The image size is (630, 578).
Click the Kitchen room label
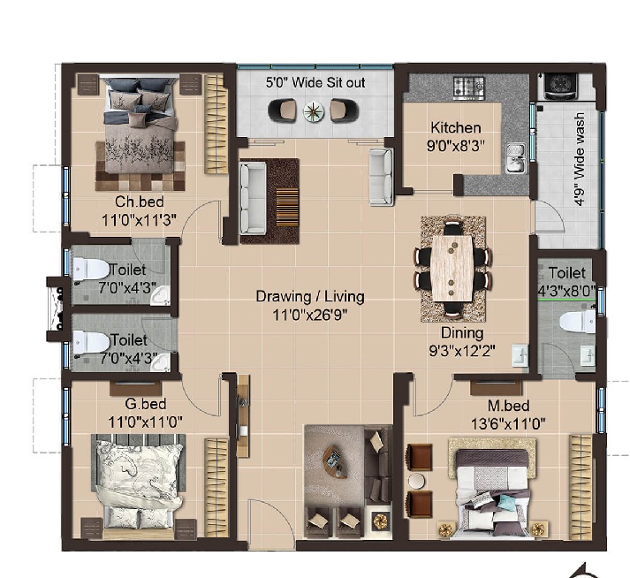pyautogui.click(x=456, y=128)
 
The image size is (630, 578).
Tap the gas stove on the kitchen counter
pyautogui.click(x=469, y=87)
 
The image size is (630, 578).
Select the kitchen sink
pyautogui.click(x=516, y=158)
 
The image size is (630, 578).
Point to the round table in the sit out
pyautogui.click(x=314, y=110)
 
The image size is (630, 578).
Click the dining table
pyautogui.click(x=452, y=268)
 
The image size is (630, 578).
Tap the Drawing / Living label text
pyautogui.click(x=310, y=297)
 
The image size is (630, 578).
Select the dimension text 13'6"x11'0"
pyautogui.click(x=508, y=423)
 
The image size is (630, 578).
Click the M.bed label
pyautogui.click(x=508, y=406)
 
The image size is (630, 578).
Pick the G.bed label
pyautogui.click(x=146, y=404)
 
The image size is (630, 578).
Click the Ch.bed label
pyautogui.click(x=140, y=202)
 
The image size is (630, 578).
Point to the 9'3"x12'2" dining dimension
pyautogui.click(x=462, y=351)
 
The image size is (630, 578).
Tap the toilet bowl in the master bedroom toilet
pyautogui.click(x=577, y=322)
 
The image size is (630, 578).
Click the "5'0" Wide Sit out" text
pyautogui.click(x=315, y=83)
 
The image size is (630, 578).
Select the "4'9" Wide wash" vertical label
pyautogui.click(x=579, y=159)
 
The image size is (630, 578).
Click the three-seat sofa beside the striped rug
pyautogui.click(x=253, y=198)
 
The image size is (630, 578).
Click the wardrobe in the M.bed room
pyautogui.click(x=581, y=486)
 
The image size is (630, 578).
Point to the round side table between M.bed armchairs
pyautogui.click(x=417, y=481)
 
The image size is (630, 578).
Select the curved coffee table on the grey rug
pyautogui.click(x=335, y=461)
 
